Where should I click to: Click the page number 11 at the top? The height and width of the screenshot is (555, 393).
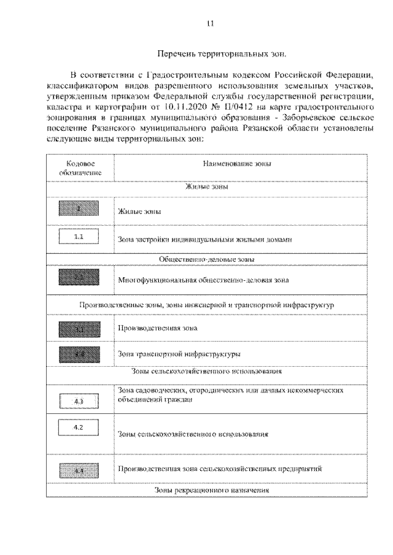tap(211, 24)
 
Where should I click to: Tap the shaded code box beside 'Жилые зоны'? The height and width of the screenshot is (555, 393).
tap(78, 210)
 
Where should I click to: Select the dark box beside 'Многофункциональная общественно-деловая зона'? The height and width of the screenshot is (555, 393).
tap(78, 278)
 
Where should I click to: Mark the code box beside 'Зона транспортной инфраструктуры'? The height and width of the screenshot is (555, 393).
tap(78, 354)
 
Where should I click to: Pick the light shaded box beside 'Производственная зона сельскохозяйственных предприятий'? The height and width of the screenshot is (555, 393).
tap(78, 470)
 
